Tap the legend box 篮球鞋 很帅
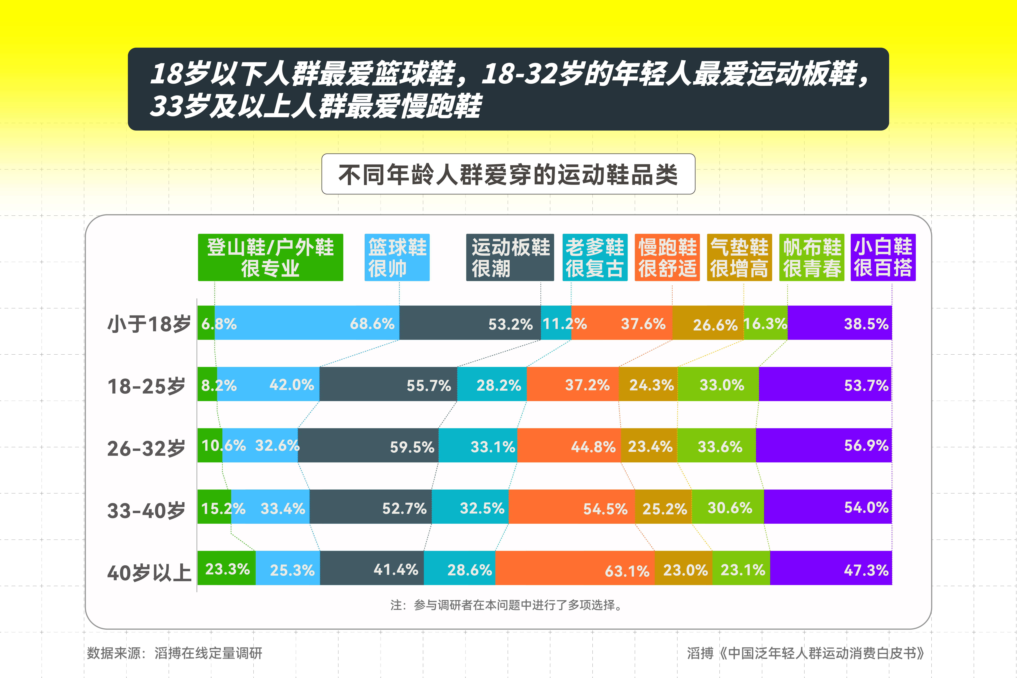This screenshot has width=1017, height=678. click(397, 257)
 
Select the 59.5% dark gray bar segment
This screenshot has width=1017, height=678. click(368, 445)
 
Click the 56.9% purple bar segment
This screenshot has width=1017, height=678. click(824, 445)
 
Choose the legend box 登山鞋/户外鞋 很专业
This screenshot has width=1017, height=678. click(270, 257)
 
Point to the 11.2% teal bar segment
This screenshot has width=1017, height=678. click(556, 323)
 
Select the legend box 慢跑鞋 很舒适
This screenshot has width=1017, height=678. click(667, 257)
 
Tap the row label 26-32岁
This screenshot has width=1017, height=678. click(146, 448)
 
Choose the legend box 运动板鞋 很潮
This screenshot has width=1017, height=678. click(510, 257)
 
